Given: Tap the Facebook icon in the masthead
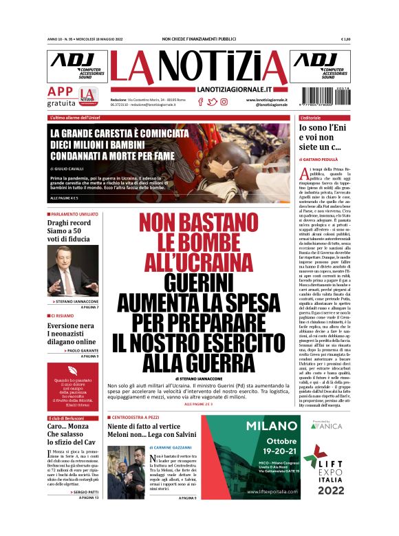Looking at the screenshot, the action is [x=201, y=102].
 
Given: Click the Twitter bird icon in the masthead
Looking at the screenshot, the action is [x=212, y=102].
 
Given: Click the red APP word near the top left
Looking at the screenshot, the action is [x=61, y=92].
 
